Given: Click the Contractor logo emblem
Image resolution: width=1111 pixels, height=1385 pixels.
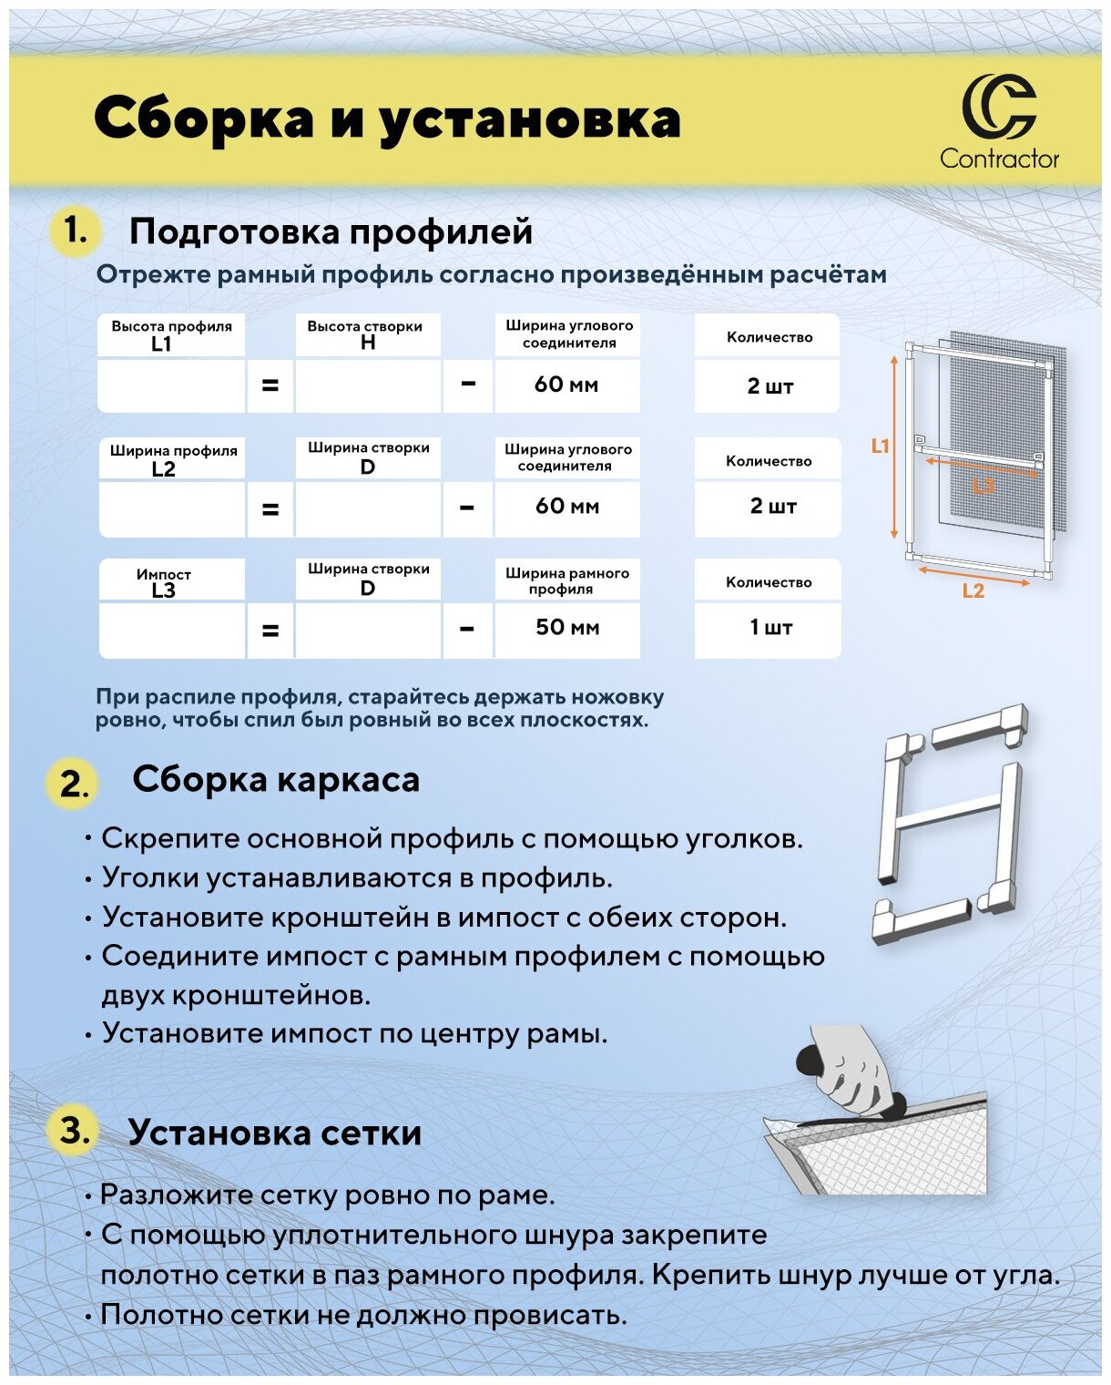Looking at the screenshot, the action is pos(999,108).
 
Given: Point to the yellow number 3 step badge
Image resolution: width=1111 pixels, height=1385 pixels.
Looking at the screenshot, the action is pos(73,1132).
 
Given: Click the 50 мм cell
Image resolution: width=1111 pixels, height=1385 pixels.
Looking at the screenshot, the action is pos(567,628).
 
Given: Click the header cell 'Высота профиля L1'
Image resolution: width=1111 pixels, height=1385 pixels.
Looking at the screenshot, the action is pos(171,335).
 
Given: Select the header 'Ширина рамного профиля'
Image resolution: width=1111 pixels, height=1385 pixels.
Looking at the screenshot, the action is pos(566,580).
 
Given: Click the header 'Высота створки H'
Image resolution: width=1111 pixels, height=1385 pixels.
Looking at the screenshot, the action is pos(366,334).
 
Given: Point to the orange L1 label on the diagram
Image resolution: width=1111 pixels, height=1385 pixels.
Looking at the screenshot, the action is pos(880,446).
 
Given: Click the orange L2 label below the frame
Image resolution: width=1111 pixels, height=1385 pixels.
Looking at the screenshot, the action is pos(973,591).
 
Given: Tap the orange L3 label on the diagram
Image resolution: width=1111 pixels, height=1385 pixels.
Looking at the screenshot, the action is pos(984,486).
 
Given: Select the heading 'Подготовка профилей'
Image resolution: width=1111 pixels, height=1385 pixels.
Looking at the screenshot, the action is pos(331,231).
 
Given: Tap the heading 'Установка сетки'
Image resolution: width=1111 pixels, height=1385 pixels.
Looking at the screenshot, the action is pos(274,1133).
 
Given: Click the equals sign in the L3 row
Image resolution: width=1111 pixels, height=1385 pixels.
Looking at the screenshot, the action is pos(270,630).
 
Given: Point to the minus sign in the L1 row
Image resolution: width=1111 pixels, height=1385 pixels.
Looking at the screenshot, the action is pos(468,384).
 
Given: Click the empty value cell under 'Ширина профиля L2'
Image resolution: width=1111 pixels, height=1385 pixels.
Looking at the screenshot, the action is pos(171,509).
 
